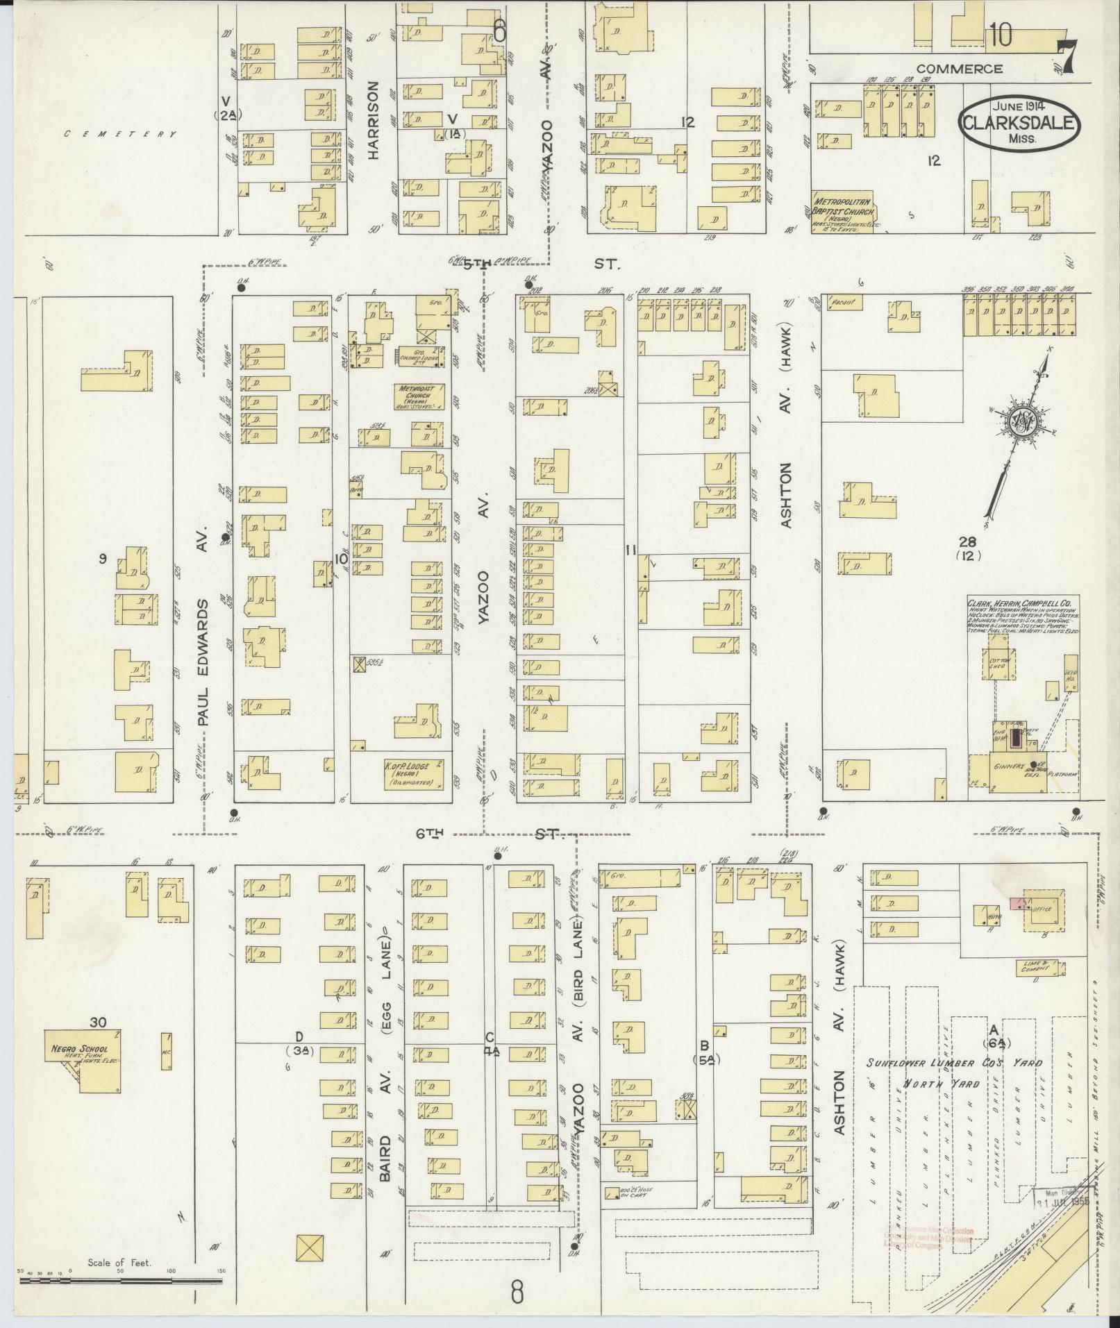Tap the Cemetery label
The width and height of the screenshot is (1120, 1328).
click(x=120, y=134)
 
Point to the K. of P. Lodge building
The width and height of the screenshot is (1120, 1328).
click(x=412, y=773)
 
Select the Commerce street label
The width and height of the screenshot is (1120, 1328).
click(x=959, y=69)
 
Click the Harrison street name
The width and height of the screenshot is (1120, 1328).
click(x=374, y=121)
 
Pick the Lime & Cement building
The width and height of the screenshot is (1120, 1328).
click(x=1033, y=967)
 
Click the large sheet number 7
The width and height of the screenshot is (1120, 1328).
click(x=1069, y=56)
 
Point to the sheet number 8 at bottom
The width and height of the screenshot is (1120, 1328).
click(x=517, y=1293)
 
